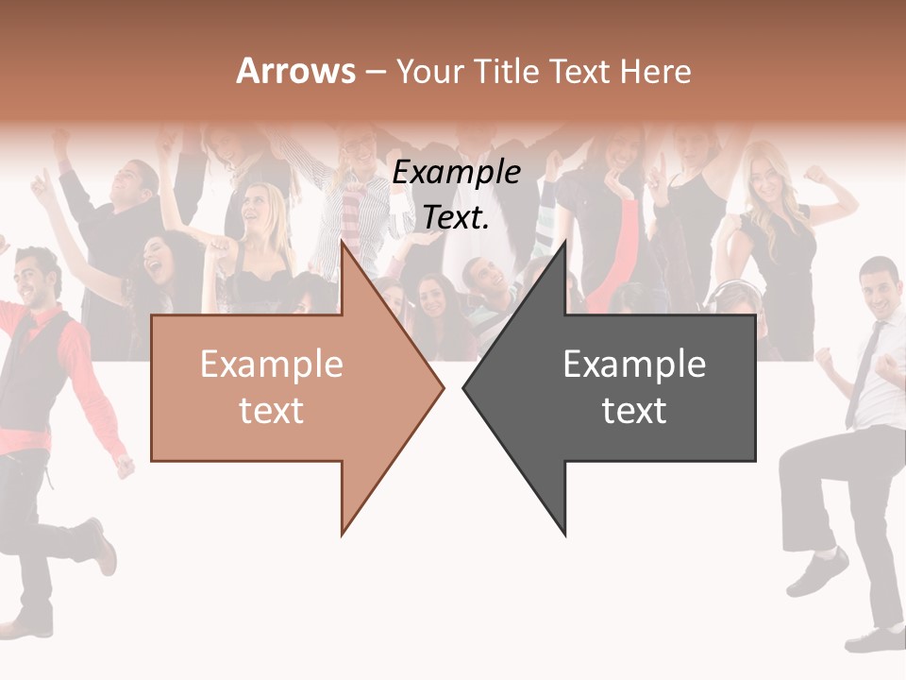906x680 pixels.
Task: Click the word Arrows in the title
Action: tap(295, 71)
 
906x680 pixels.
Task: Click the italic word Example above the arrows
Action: tap(457, 173)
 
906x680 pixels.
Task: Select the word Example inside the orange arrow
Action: tap(272, 365)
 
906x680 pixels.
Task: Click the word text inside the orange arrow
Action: tap(272, 410)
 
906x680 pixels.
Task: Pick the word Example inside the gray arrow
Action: tap(634, 365)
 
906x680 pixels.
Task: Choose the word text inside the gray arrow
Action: tap(634, 410)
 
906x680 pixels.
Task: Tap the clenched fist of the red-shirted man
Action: tap(124, 467)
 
